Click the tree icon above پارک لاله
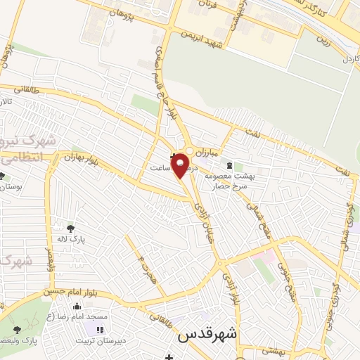(x=70, y=228)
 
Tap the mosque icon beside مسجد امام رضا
(x=77, y=307)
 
